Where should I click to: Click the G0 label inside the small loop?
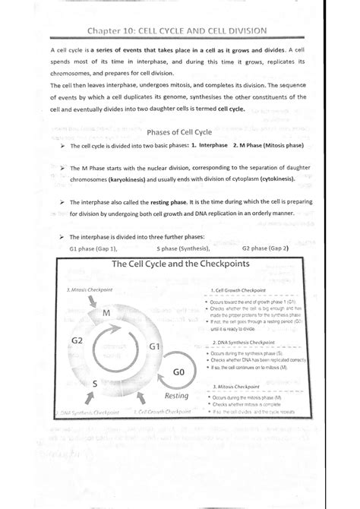[179, 373]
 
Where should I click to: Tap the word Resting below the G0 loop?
[176, 396]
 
